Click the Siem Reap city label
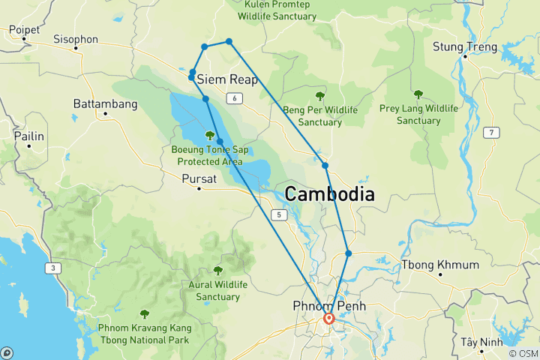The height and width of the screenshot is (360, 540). [x=227, y=79]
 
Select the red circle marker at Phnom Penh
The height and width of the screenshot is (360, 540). [x=328, y=319]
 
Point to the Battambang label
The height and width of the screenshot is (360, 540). [x=105, y=103]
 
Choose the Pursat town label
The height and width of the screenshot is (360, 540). [x=199, y=178]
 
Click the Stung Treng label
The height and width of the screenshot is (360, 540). [x=465, y=47]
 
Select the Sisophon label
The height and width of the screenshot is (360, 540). [x=76, y=39]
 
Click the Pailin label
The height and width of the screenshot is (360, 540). [x=28, y=136]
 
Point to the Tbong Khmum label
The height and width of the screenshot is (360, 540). [x=440, y=265]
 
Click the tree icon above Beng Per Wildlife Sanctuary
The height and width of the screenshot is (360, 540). [x=320, y=96]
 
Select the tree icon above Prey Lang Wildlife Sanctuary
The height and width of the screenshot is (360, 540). [x=418, y=94]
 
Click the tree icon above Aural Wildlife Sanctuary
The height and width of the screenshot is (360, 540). [x=218, y=271]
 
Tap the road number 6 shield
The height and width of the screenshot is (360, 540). [x=235, y=99]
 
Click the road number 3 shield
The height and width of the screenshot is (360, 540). [x=54, y=268]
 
